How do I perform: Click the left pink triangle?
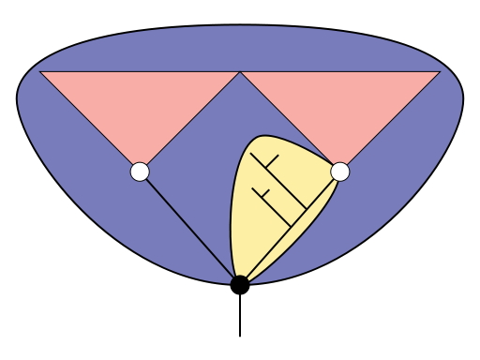click(140, 103)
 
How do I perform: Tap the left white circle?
click(140, 172)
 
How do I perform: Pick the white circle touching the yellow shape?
click(340, 172)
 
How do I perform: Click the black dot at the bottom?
click(240, 282)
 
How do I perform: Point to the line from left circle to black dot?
click(187, 224)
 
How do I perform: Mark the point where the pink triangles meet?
click(240, 71)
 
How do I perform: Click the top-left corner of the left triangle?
click(40, 71)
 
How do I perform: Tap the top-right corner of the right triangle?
click(440, 71)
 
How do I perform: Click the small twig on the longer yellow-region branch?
click(273, 161)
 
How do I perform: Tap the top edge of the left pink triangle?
click(140, 71)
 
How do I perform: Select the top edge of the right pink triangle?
click(340, 71)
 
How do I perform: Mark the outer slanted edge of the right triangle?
click(390, 121)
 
